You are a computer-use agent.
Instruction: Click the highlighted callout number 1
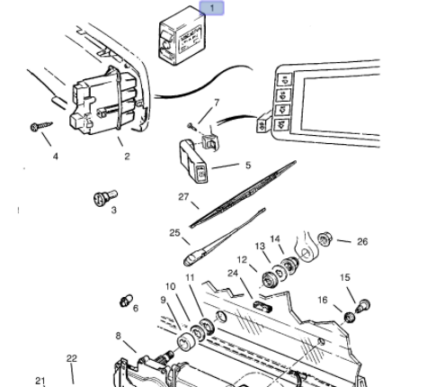[212, 9]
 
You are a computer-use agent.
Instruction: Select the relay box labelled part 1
[178, 40]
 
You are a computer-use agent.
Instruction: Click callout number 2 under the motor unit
[127, 156]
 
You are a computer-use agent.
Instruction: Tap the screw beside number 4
[39, 128]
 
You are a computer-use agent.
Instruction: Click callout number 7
[216, 103]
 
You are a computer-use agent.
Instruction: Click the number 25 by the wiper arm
[174, 232]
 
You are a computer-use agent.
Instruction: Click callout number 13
[260, 246]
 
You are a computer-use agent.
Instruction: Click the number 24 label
[232, 273]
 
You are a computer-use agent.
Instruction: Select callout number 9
[165, 300]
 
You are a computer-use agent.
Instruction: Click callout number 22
[72, 357]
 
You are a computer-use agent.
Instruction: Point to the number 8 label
[118, 336]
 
